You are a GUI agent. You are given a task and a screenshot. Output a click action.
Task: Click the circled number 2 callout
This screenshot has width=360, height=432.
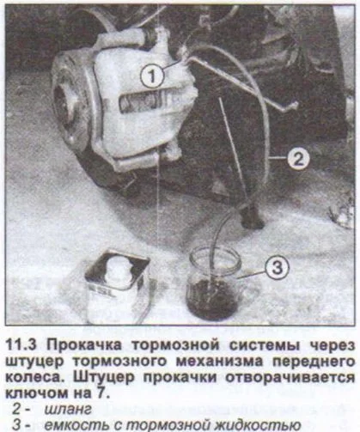click(296, 159)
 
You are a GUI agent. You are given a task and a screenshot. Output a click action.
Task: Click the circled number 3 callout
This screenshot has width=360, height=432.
click(272, 267)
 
